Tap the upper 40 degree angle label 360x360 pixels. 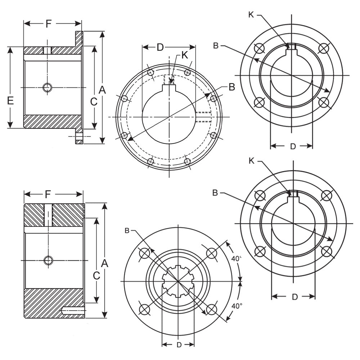236,258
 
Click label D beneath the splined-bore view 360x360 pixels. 179,345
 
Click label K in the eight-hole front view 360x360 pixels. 184,55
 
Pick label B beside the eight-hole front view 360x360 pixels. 231,87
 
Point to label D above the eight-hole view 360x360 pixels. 160,47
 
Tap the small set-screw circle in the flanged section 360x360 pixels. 47,87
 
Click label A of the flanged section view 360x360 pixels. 102,90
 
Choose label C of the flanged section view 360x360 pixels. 93,102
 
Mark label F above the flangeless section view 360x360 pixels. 48,195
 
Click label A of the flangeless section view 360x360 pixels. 104,264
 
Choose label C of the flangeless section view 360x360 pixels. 96,276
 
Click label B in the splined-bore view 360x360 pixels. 127,230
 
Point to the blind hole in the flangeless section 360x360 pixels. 72,309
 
